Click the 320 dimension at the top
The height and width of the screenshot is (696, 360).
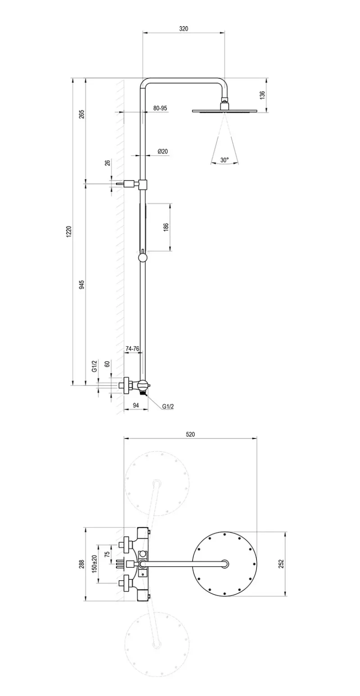click(184, 29)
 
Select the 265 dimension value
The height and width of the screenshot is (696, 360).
click(82, 114)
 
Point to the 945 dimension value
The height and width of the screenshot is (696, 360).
click(82, 285)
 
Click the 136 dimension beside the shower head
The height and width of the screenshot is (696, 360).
click(262, 95)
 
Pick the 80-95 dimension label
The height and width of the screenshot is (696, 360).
click(160, 108)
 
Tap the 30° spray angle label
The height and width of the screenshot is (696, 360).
click(225, 160)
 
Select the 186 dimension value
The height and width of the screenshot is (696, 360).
click(166, 227)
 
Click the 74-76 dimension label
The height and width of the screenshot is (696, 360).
click(132, 348)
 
